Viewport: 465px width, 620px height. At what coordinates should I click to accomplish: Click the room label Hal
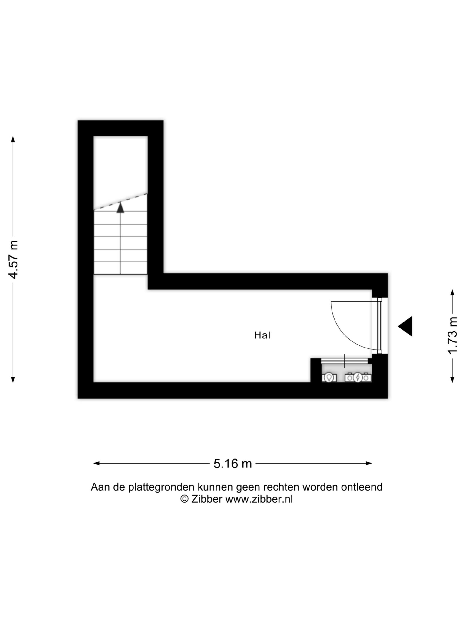tap(262, 335)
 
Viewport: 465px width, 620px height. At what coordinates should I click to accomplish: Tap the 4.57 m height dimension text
tap(13, 259)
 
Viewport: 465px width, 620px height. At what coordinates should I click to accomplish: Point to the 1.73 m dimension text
tap(452, 339)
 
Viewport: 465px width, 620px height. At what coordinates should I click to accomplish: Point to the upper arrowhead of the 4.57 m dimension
tap(13, 139)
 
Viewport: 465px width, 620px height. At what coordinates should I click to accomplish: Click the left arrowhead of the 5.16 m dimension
tap(96, 463)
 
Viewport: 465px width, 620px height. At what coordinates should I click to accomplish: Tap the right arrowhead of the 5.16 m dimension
tap(369, 463)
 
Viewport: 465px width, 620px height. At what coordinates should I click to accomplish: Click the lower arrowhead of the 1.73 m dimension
tap(452, 379)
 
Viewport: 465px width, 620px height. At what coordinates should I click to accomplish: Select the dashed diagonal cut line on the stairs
tap(120, 201)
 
